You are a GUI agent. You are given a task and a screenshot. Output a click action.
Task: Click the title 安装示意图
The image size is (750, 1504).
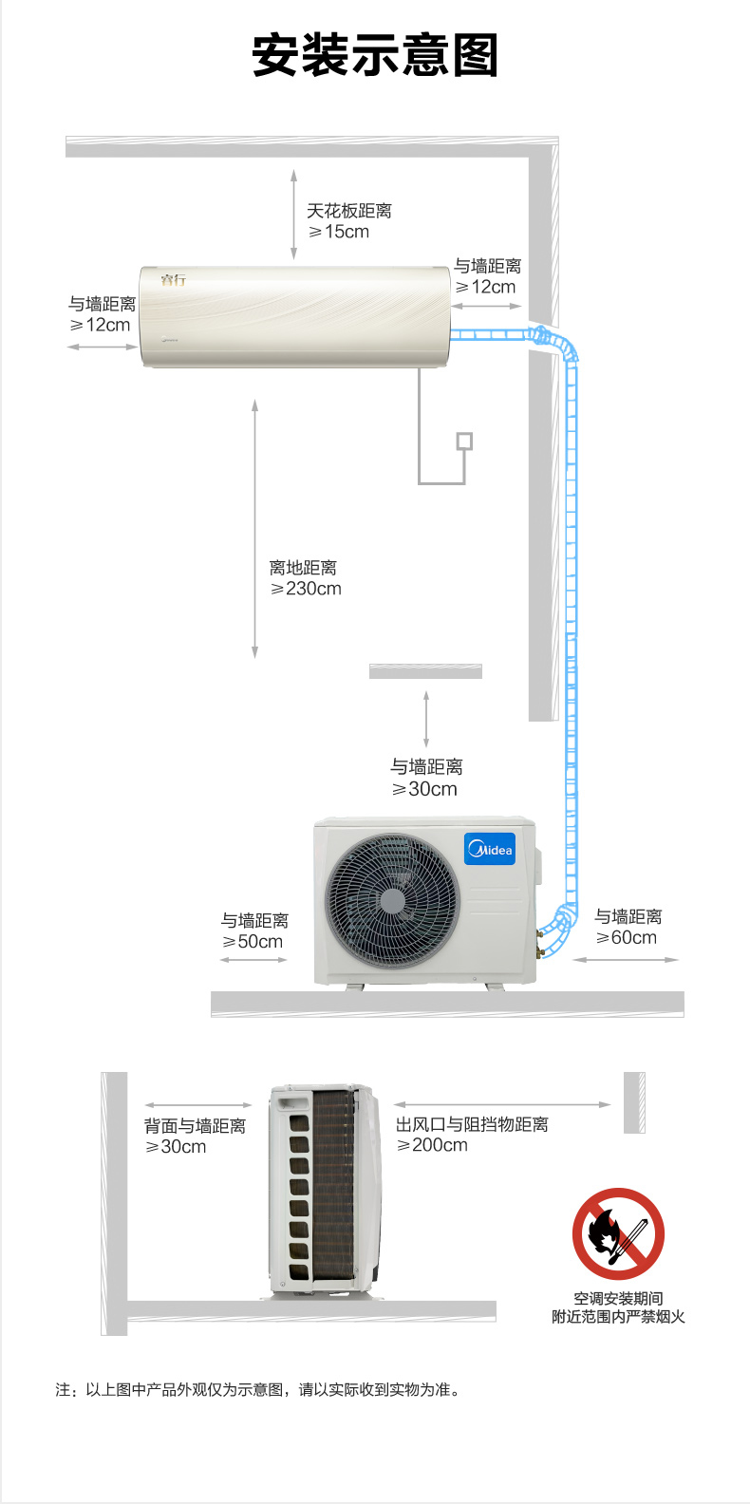375,55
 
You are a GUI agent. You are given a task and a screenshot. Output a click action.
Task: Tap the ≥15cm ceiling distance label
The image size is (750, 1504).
339,232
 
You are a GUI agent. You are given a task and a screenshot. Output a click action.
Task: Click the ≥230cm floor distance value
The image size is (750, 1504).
306,589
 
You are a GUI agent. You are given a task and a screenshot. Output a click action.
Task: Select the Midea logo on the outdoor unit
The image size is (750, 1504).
490,850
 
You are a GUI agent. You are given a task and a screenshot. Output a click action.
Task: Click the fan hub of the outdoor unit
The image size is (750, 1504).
393,900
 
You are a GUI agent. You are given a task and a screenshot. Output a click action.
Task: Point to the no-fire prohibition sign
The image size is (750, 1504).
618,1233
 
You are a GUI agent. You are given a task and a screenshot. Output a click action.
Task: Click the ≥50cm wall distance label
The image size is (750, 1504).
253,941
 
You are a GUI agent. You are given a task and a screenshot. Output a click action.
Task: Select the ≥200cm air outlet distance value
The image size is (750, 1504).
432,1145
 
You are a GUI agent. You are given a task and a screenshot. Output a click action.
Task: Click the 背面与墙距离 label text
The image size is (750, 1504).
196,1126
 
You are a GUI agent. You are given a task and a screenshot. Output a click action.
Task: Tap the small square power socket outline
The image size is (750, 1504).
464,442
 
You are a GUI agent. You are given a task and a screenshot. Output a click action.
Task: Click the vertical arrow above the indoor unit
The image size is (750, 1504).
293,215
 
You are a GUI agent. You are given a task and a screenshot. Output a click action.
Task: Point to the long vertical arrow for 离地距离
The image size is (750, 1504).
254,529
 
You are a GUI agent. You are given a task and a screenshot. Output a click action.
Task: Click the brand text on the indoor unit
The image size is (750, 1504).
173,280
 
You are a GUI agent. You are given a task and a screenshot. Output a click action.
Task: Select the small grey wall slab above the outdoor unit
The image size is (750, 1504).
425,670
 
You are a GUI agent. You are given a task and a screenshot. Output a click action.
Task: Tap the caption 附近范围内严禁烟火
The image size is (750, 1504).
618,1317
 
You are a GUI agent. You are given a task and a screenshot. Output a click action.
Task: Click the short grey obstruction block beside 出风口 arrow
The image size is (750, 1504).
634,1102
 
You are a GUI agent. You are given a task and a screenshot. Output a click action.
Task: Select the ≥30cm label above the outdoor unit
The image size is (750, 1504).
425,789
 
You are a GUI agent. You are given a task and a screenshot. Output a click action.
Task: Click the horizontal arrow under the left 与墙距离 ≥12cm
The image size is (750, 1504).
103,348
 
